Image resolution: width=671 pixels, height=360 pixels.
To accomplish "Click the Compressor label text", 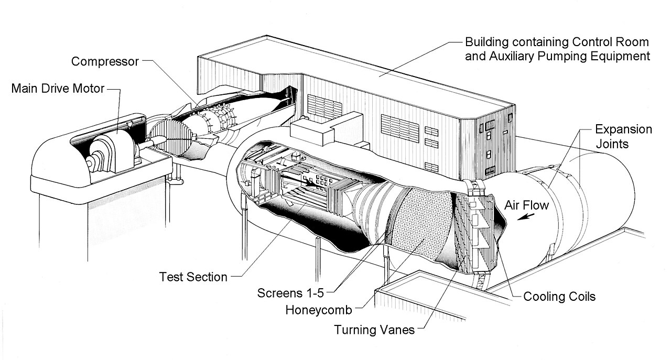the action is (105, 62).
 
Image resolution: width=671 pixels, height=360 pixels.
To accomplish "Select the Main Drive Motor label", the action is (58, 89).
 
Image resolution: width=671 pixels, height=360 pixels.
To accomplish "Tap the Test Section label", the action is (193, 277).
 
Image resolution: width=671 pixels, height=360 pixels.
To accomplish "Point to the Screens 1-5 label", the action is (290, 293).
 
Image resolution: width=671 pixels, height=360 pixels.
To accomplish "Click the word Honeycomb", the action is (319, 310).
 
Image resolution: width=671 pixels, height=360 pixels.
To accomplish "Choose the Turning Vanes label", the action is (374, 330).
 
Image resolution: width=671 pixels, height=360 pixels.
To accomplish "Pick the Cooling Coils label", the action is (559, 297).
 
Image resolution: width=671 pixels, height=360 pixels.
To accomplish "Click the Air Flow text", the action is (527, 205).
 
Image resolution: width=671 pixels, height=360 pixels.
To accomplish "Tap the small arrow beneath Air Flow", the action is (526, 216).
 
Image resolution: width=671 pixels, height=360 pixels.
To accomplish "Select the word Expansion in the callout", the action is (624, 129).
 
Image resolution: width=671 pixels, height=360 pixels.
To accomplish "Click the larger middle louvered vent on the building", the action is (400, 129).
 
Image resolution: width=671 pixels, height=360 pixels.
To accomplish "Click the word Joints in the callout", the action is (612, 144).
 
